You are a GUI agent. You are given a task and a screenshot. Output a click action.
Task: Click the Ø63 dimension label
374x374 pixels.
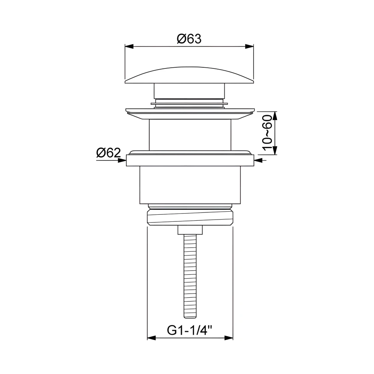coord(189,39)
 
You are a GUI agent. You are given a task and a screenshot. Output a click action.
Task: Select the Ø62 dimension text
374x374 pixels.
coord(108,153)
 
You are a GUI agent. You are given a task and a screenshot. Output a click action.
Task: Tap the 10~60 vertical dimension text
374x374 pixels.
coord(267,133)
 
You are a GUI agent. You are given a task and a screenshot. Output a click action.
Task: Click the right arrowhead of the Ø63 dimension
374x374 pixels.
coord(249,47)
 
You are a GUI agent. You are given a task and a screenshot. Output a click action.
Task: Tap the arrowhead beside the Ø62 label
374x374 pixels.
coord(122,160)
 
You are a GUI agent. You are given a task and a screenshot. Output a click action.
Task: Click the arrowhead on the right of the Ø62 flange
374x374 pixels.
coord(258,160)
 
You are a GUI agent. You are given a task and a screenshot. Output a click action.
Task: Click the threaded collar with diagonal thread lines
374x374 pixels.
coord(190,217)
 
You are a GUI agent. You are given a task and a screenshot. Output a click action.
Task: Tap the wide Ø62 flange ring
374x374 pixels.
coord(190,160)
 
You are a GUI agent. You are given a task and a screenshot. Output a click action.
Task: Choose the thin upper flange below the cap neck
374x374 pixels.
coord(190,111)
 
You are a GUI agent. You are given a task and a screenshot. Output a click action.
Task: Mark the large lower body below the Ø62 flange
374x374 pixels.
coord(190,185)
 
